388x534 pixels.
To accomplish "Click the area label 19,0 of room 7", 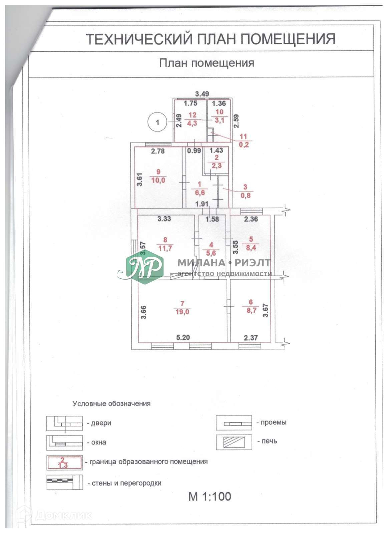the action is (x=182, y=312).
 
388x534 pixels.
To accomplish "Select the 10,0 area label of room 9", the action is (x=158, y=180).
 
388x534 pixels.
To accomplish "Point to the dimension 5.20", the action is (x=183, y=337).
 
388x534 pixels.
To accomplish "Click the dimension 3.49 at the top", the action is (x=202, y=94).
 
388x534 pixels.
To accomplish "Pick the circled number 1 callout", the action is (x=157, y=122).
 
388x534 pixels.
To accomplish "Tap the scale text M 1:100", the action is (x=210, y=496).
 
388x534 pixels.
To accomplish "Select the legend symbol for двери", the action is (x=64, y=423).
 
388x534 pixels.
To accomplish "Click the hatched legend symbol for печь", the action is (x=234, y=442).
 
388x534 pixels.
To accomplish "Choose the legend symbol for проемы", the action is (x=234, y=423).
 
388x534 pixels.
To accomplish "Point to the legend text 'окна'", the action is (x=99, y=442).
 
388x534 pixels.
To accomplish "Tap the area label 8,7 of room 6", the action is (x=251, y=310).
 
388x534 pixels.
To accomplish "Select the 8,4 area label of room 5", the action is (x=251, y=248).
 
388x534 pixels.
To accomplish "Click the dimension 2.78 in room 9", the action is (x=158, y=151).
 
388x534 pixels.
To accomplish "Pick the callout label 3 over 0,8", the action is (x=246, y=192).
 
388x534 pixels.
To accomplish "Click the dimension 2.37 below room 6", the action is (x=251, y=338).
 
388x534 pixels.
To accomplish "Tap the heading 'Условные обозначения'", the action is (x=111, y=404).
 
